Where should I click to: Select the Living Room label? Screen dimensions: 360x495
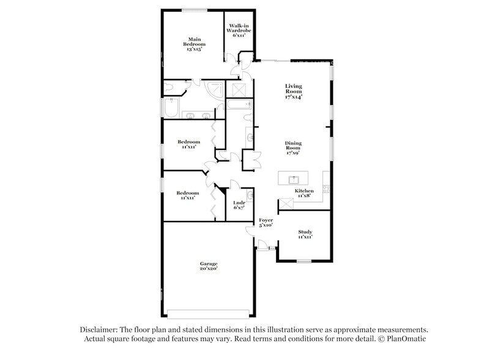tap(294, 91)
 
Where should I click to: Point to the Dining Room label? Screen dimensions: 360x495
tap(293, 148)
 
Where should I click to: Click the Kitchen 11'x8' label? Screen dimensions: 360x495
tap(304, 194)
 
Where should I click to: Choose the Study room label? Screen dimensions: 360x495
tap(305, 234)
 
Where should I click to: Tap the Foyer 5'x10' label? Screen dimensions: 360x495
tap(266, 222)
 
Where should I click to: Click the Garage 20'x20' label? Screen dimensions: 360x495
tap(209, 266)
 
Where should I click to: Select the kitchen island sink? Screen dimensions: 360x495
tap(294, 179)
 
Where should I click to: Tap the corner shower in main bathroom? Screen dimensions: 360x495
tap(216, 90)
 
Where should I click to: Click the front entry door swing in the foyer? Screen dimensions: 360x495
tap(262, 246)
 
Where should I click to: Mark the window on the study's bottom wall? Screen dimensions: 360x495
tap(304, 261)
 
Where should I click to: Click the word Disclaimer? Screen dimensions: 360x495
tap(97, 329)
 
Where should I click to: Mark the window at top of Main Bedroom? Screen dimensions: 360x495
tap(193, 9)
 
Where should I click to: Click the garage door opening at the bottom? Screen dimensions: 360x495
tap(208, 316)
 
